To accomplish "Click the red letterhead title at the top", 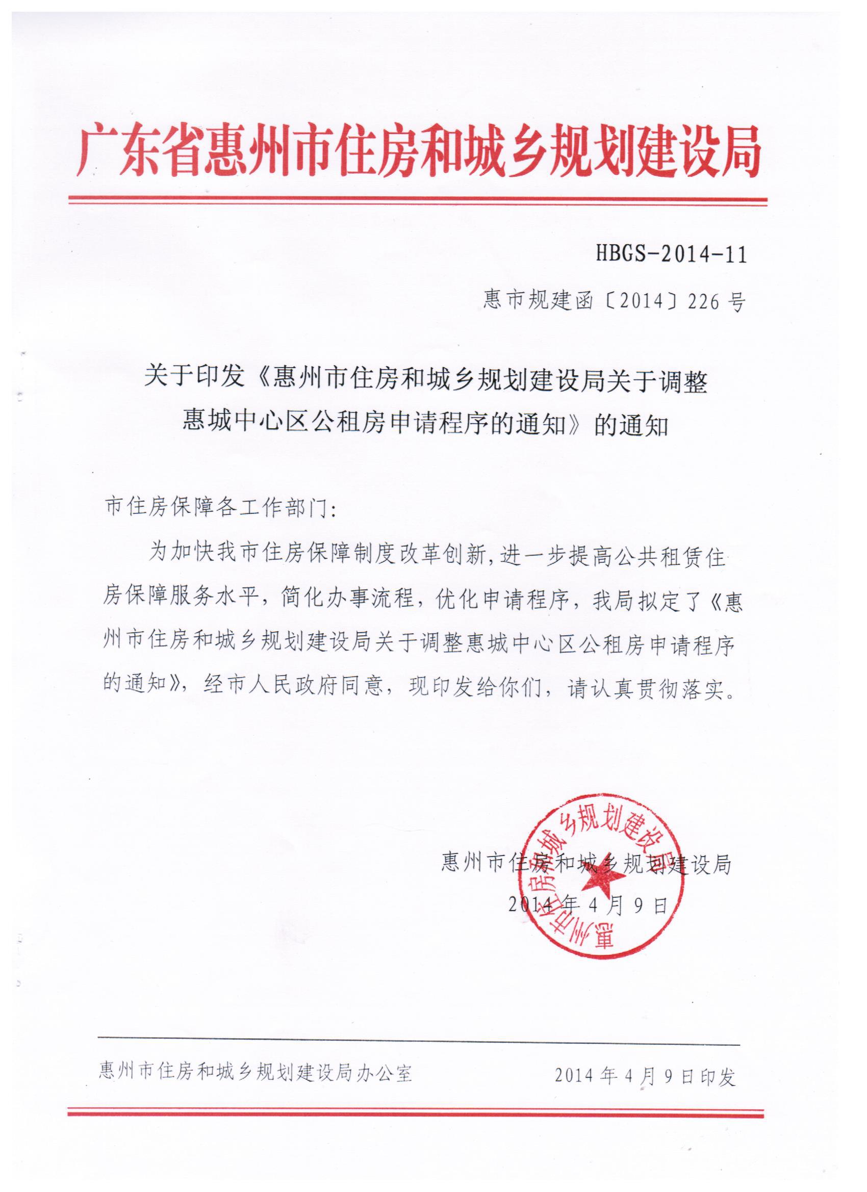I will pos(419,150).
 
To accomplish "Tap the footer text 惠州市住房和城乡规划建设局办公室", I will pos(256,1073).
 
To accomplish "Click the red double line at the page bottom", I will pos(415,1113).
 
